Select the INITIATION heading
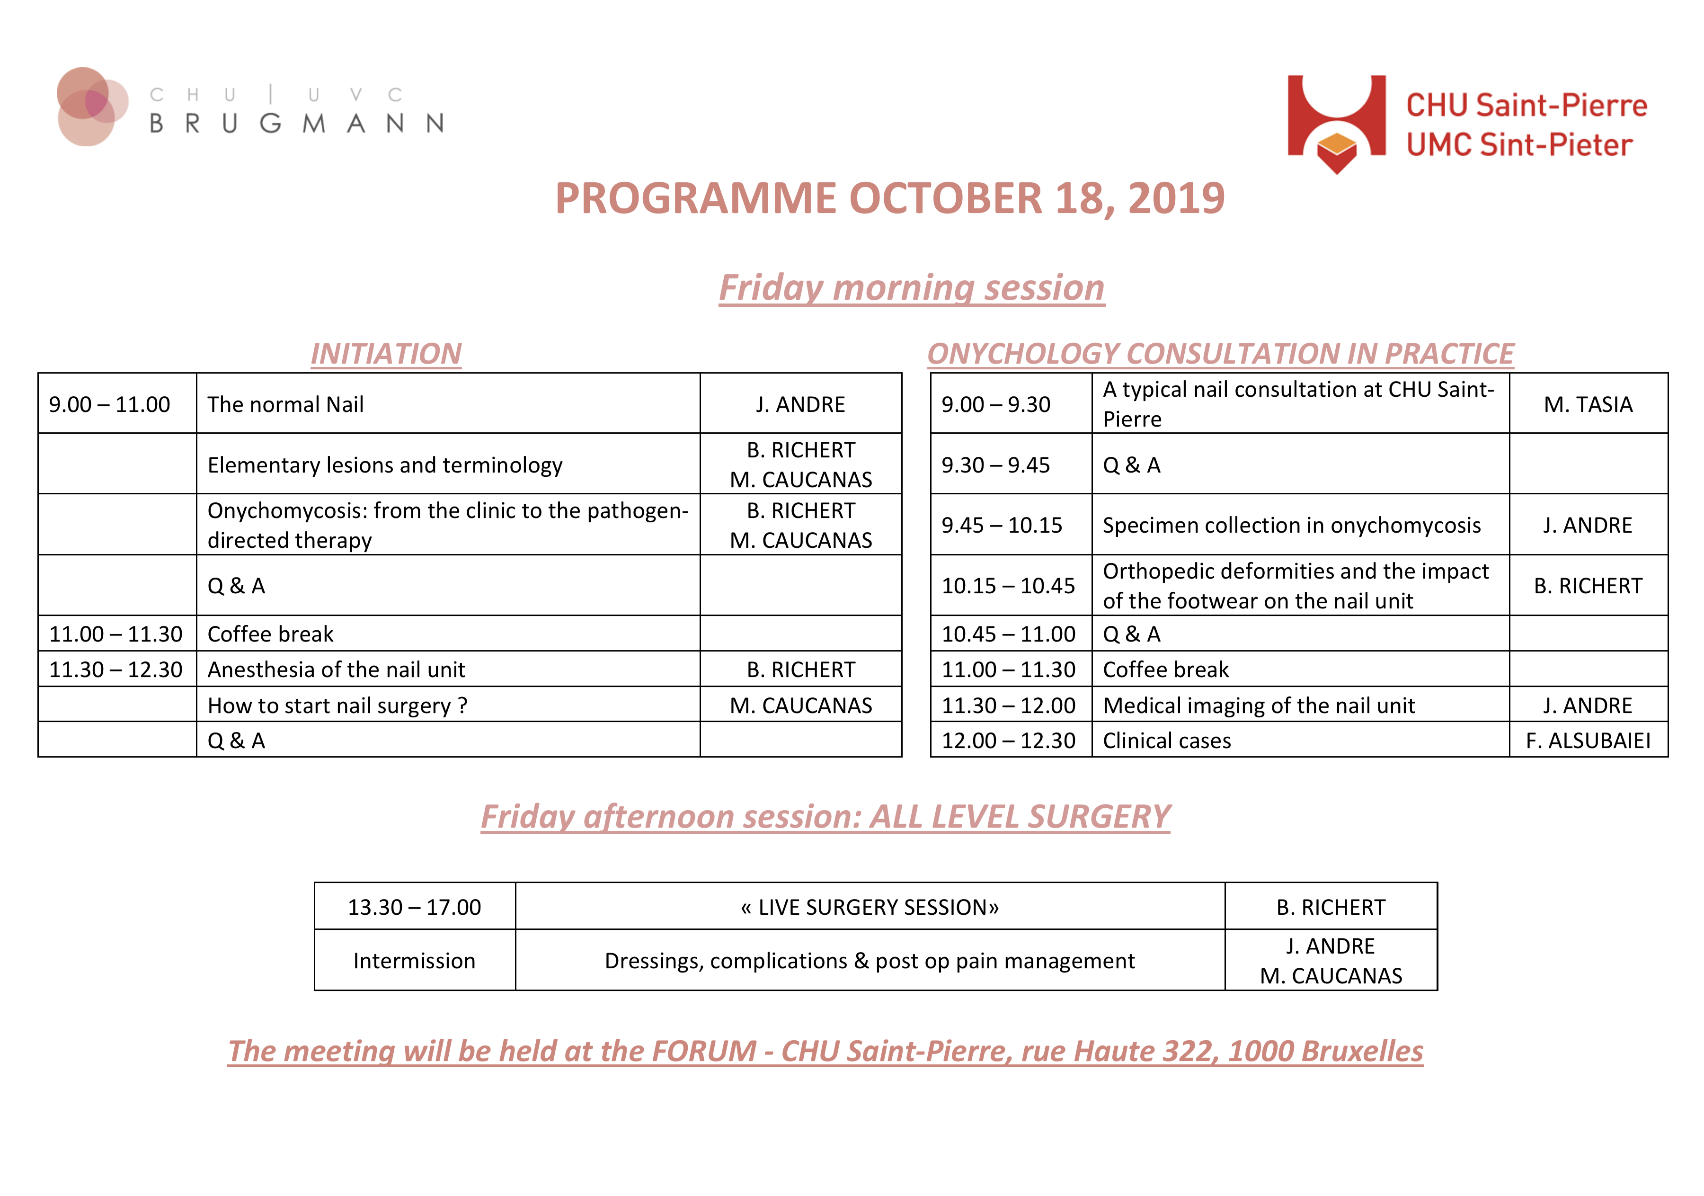386,353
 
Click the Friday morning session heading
911,288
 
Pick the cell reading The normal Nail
286,405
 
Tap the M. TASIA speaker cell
1588,405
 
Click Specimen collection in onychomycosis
1291,526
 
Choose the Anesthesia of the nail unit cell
336,669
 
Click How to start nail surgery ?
337,705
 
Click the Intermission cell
414,961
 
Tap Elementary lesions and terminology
385,465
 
